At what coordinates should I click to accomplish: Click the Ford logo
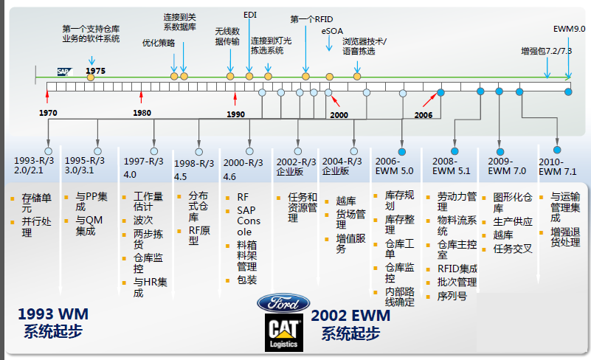point(284,303)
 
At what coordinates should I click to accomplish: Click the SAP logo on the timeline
point(65,72)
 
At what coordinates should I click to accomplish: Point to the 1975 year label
point(95,70)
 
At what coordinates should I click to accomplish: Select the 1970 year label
point(49,114)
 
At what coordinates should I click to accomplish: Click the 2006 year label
point(424,115)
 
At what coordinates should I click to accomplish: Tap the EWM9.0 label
point(569,29)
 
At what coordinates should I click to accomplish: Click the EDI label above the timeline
point(250,14)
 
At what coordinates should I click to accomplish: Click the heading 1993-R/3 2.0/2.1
point(35,165)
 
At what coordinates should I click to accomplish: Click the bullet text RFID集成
point(457,269)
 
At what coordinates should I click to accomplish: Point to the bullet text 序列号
point(452,296)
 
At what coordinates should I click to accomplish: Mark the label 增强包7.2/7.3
point(546,51)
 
